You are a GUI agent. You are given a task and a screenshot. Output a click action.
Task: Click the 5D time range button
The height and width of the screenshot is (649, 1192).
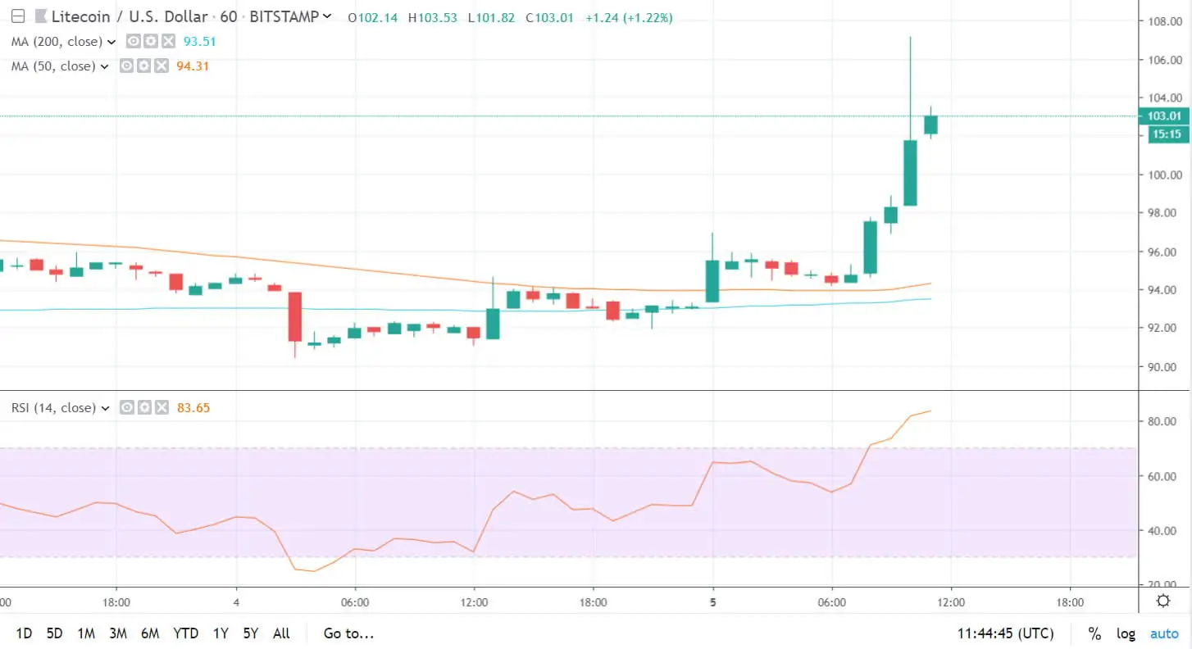click(54, 633)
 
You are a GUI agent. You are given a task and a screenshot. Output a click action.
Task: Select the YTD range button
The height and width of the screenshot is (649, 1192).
click(186, 633)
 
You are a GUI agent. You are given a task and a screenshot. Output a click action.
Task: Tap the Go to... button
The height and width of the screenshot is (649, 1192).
click(348, 633)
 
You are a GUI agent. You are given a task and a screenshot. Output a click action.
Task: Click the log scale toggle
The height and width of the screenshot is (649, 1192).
click(1126, 633)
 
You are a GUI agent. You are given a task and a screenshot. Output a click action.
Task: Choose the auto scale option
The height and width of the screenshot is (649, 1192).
click(1164, 633)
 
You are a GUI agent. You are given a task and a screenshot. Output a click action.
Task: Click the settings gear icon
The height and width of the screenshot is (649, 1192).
click(1162, 601)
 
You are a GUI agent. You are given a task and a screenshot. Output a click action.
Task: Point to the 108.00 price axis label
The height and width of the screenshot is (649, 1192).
click(1164, 21)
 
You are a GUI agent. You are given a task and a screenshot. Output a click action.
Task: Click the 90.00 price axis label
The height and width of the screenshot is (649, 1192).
click(1164, 366)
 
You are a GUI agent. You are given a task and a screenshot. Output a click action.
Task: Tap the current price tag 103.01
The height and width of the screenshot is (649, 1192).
click(1165, 116)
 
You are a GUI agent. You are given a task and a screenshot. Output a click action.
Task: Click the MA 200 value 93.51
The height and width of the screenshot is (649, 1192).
click(198, 42)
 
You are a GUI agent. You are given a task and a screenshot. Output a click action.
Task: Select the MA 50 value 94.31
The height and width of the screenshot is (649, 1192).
click(193, 66)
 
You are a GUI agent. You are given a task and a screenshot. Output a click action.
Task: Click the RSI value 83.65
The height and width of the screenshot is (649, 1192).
click(193, 408)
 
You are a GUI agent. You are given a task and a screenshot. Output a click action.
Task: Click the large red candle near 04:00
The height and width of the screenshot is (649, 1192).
click(294, 316)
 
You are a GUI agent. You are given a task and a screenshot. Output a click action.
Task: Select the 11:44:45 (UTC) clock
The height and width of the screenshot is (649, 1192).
click(1005, 633)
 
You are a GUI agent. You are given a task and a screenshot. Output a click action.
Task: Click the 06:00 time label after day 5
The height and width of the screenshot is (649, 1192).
click(831, 601)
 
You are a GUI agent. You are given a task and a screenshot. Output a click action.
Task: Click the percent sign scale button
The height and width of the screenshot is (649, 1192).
click(1094, 633)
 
